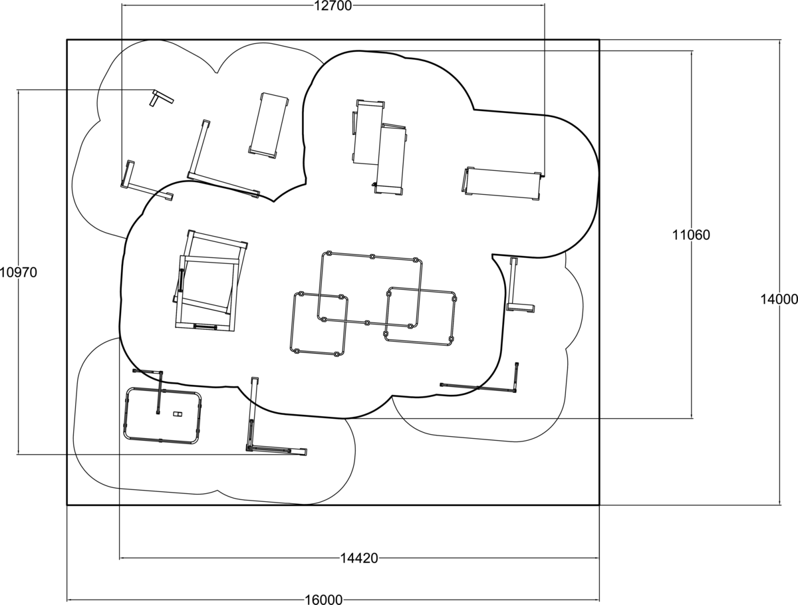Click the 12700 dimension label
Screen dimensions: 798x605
pyautogui.click(x=332, y=6)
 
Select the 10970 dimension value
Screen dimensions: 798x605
pyautogui.click(x=18, y=272)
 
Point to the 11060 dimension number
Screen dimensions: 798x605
pyautogui.click(x=691, y=235)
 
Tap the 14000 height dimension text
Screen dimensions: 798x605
pyautogui.click(x=779, y=299)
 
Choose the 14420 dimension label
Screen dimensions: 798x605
pyautogui.click(x=359, y=558)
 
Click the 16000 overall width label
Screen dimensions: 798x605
pyautogui.click(x=324, y=600)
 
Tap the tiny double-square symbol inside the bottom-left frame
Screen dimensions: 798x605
pyautogui.click(x=178, y=414)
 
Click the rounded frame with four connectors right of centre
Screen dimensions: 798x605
pyautogui.click(x=454, y=316)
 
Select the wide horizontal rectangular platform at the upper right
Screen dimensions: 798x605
pyautogui.click(x=501, y=184)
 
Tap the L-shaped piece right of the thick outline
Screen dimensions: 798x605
pyautogui.click(x=513, y=283)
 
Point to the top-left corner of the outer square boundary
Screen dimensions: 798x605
pyautogui.click(x=67, y=40)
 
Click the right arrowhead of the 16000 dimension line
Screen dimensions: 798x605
pyautogui.click(x=598, y=600)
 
